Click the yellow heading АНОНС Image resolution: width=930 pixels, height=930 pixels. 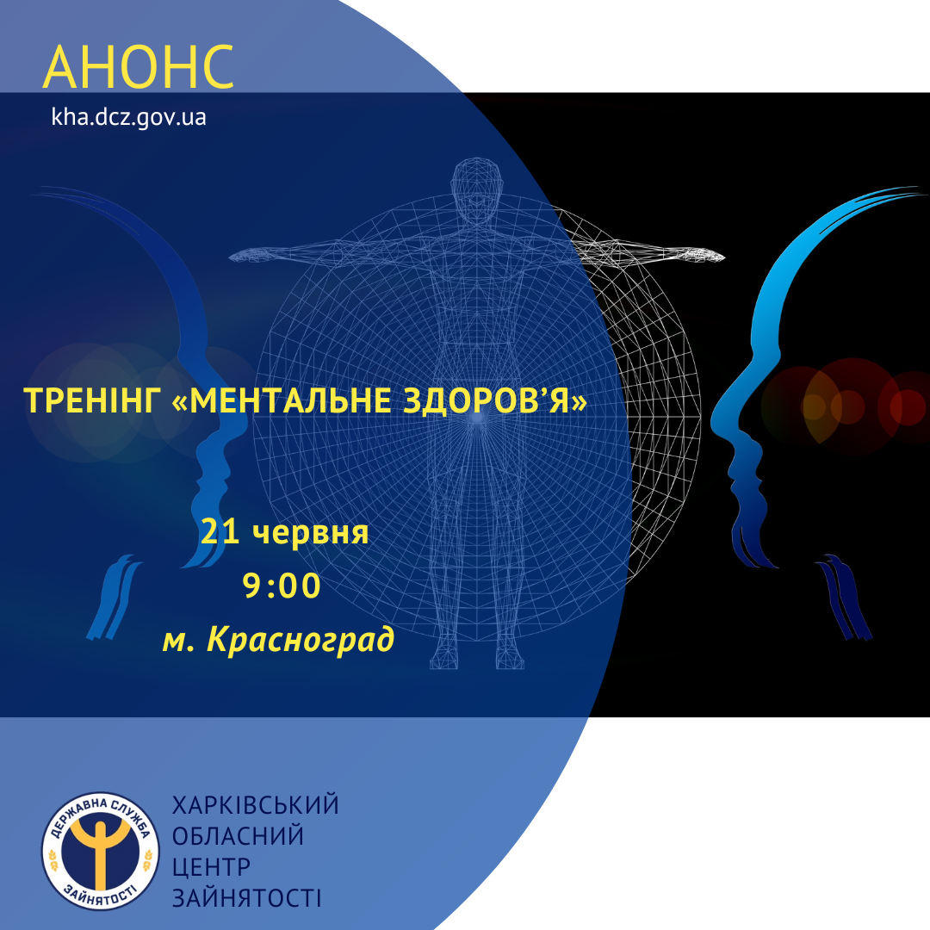point(138,66)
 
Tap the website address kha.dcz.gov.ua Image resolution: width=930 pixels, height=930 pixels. point(128,117)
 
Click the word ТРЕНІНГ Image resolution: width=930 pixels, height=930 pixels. point(92,400)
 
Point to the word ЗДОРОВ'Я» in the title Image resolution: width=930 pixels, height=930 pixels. point(495,400)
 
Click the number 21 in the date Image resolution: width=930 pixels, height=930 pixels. point(220,531)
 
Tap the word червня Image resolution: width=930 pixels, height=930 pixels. point(310,533)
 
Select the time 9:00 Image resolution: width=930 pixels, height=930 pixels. point(282,586)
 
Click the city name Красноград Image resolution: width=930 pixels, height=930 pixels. point(301,640)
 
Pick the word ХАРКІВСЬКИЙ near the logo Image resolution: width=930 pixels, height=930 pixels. point(256,805)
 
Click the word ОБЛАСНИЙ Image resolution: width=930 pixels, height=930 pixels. point(238,835)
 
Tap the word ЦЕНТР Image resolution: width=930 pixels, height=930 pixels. point(211,867)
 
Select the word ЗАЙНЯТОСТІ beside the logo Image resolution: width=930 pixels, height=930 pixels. point(247,898)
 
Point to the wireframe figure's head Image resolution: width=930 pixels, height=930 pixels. point(475,189)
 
